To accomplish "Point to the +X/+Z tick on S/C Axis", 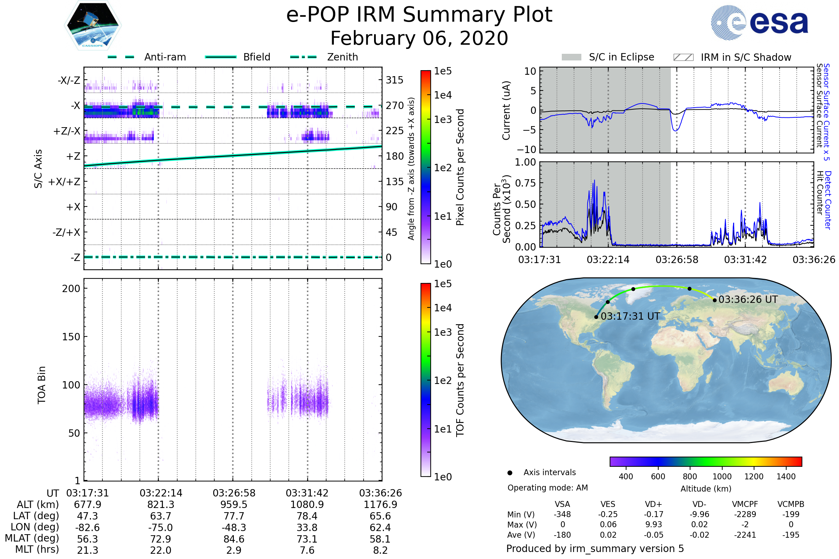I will pyautogui.click(x=64, y=182).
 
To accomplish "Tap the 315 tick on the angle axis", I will pyautogui.click(x=394, y=80).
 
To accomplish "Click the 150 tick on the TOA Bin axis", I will pyautogui.click(x=71, y=337).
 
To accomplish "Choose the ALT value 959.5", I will pyautogui.click(x=234, y=504).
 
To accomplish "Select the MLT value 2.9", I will pyautogui.click(x=234, y=550).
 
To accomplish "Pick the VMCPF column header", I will pyautogui.click(x=745, y=504).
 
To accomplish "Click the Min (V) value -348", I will pyautogui.click(x=562, y=514).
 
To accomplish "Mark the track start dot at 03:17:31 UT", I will pyautogui.click(x=596, y=317).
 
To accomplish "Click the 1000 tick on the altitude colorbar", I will pyautogui.click(x=722, y=477).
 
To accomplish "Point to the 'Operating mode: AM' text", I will pyautogui.click(x=547, y=488).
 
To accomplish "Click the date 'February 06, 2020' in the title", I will pyautogui.click(x=419, y=38).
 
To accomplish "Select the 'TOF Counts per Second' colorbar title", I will pyautogui.click(x=460, y=380).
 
